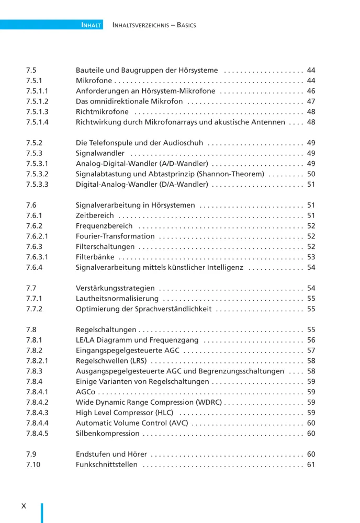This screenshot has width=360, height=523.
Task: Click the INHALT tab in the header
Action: [91, 25]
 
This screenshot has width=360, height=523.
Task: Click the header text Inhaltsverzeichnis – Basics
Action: [154, 25]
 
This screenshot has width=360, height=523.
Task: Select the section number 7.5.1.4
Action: [37, 122]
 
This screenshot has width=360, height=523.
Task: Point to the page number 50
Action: [311, 174]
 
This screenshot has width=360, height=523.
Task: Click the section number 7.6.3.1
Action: [37, 257]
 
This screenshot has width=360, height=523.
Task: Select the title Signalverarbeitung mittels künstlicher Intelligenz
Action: [160, 267]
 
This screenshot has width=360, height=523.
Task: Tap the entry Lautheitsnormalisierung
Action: [117, 299]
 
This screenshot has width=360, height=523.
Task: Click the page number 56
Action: [311, 340]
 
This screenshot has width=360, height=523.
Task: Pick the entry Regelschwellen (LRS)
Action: [111, 361]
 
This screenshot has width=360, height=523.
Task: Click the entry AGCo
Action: [85, 392]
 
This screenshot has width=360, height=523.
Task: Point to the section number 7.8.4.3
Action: [37, 413]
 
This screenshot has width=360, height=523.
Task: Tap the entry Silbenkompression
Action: [108, 434]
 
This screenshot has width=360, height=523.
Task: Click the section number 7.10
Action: [33, 464]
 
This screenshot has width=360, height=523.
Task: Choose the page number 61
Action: [311, 464]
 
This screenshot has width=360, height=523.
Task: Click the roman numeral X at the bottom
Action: [24, 506]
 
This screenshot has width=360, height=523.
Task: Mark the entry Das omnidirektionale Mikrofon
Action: [129, 101]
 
